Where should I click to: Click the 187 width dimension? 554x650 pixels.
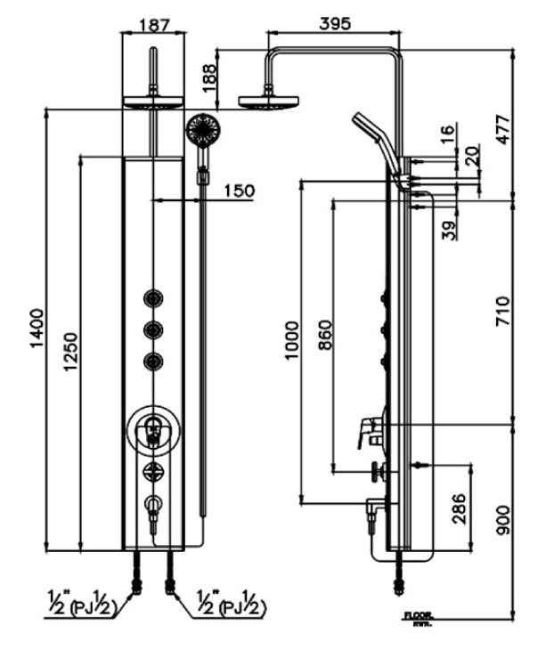[x=155, y=25]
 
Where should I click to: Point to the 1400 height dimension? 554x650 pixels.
[x=37, y=329]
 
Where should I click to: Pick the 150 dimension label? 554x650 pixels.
[x=238, y=190]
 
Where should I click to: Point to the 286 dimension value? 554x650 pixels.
[x=459, y=509]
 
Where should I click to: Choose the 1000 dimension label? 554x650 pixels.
[x=291, y=339]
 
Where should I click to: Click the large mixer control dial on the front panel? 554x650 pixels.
[x=154, y=432]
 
